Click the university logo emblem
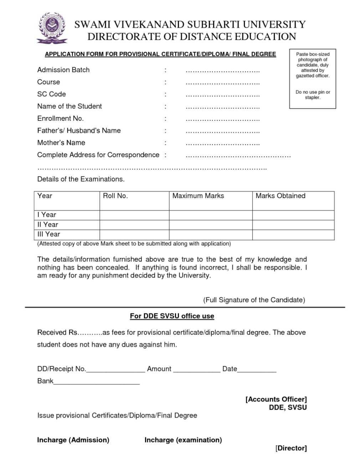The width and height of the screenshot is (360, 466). [52, 28]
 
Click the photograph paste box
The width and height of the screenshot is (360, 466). [312, 79]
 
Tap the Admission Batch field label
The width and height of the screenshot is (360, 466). [63, 70]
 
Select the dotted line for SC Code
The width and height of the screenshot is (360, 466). [222, 95]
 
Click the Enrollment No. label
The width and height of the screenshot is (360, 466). [60, 118]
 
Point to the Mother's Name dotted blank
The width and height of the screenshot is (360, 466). [222, 143]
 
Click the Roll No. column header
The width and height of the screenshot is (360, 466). [115, 196]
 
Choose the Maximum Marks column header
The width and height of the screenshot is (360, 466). [198, 196]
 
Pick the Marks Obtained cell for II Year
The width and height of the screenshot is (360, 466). [293, 225]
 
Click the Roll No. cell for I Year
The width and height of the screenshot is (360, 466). [134, 215]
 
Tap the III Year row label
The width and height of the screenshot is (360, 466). [49, 234]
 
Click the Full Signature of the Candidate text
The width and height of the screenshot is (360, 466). [254, 300]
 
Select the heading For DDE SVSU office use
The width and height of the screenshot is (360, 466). [172, 316]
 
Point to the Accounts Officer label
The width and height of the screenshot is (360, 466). [276, 399]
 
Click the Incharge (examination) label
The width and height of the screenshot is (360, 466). [183, 440]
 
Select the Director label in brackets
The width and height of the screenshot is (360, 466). [291, 448]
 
